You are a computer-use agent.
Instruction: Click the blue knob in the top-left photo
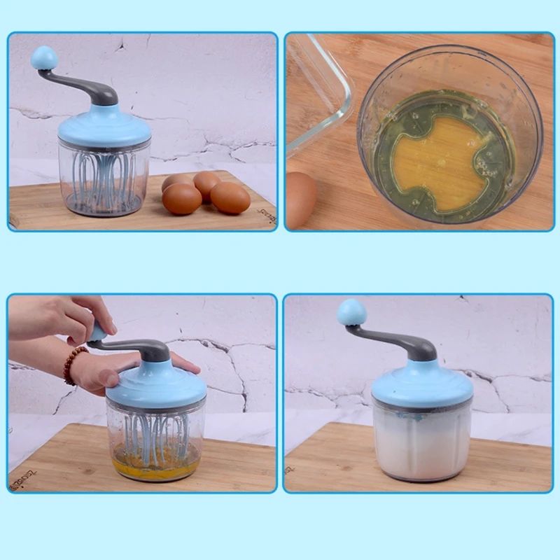[44, 57]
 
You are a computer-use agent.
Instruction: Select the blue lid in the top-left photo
[104, 127]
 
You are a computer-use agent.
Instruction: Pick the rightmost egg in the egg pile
[230, 197]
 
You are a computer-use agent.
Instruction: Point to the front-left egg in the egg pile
[181, 199]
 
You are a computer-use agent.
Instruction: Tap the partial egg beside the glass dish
[300, 200]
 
